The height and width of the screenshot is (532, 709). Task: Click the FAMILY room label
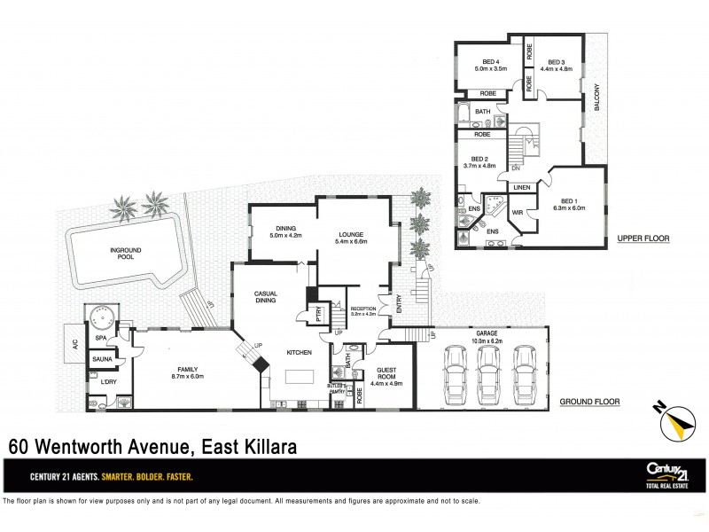tap(187, 372)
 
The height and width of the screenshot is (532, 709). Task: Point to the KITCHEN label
tap(299, 353)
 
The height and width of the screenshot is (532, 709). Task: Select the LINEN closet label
tap(521, 188)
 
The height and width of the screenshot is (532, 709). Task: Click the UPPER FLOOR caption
tap(644, 239)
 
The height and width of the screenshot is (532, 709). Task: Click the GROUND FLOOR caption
tap(588, 401)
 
